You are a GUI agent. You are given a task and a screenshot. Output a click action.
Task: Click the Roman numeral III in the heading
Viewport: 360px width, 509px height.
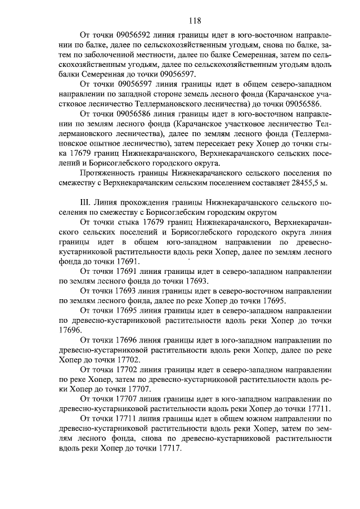click(87, 202)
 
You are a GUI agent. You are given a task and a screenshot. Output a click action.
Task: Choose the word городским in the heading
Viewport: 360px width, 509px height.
click(231, 212)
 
